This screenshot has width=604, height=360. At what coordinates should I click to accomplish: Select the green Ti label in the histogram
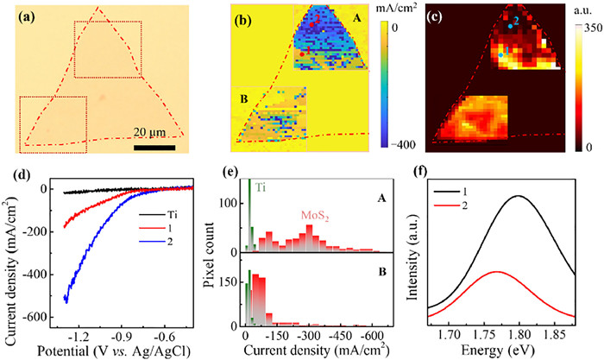(x=261, y=187)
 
